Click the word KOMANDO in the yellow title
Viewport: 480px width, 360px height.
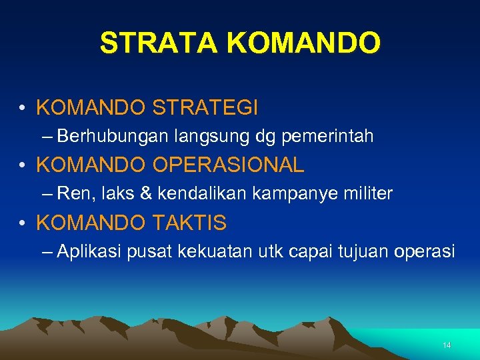(x=304, y=43)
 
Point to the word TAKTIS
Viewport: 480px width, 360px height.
(x=193, y=223)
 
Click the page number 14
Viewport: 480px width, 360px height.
(x=447, y=345)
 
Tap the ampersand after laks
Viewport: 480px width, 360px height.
(x=146, y=194)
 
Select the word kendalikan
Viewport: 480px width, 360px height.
(x=192, y=194)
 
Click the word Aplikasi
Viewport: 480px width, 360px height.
(x=85, y=251)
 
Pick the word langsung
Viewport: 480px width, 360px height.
(x=212, y=137)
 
